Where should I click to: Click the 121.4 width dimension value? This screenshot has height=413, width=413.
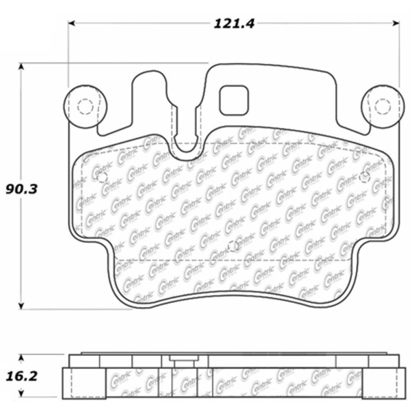coord(235,23)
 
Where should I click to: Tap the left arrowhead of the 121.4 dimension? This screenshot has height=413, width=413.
coord(72,23)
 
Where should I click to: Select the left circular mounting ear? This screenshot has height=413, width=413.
coord(85,107)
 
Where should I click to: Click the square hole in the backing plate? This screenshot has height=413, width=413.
coord(233,100)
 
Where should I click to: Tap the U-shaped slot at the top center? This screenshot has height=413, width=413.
coord(187,141)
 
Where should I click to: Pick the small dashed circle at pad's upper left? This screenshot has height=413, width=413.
coord(102,178)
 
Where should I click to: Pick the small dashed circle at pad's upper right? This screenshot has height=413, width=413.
coord(364,178)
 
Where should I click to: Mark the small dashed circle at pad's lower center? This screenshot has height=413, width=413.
coord(233,246)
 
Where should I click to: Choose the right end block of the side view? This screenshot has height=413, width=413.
coord(395,383)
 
